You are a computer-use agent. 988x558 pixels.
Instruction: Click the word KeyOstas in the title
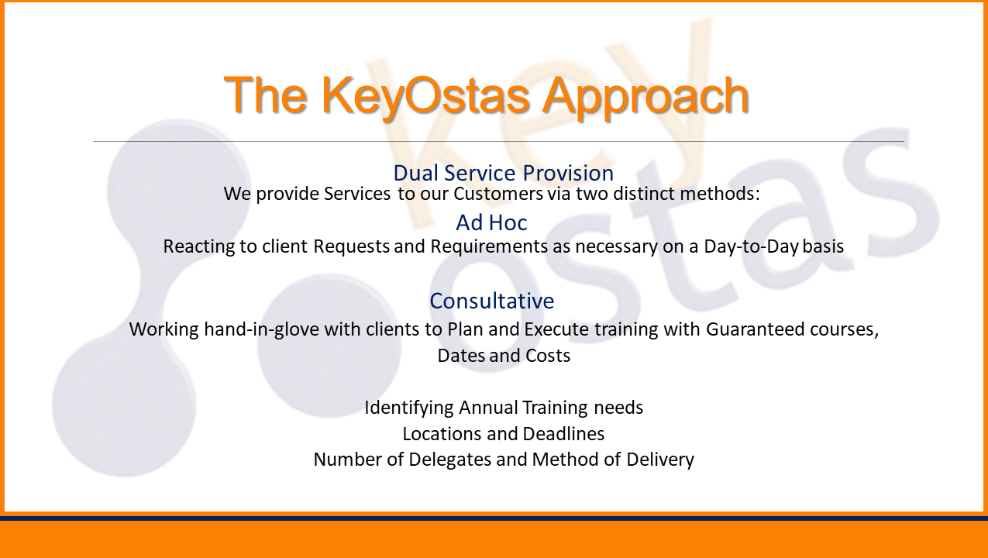tap(425, 96)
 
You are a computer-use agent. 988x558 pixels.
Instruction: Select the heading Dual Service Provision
tap(503, 173)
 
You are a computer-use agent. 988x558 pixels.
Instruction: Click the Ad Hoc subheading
tap(491, 222)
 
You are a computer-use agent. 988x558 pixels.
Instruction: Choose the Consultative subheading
tap(492, 301)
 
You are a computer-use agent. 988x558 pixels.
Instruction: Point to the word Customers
tap(498, 194)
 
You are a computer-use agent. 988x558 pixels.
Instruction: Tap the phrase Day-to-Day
tap(751, 246)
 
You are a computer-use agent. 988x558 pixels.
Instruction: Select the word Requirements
tap(489, 246)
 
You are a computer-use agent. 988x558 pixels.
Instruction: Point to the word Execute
tap(556, 329)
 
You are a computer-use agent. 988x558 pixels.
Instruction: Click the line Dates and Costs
tap(504, 356)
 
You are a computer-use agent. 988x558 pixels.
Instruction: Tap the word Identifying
tap(409, 408)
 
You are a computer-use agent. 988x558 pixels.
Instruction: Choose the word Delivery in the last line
tap(660, 460)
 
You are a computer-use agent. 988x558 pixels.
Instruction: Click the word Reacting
tap(199, 247)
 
